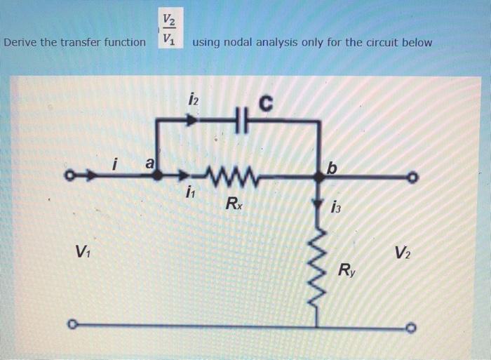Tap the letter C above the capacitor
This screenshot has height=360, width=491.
pos(264,103)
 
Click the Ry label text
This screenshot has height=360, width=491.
pos(347,269)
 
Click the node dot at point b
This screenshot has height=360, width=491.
pos(320,175)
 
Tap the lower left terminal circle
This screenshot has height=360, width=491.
pos(71,325)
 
